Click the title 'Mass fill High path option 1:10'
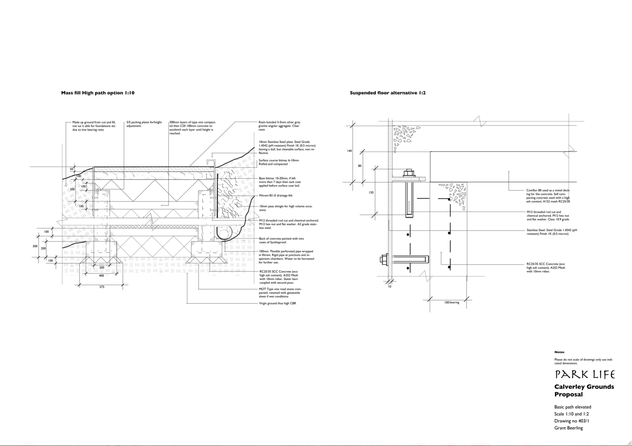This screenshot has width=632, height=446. pyautogui.click(x=97, y=93)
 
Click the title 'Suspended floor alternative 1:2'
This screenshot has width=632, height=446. pyautogui.click(x=387, y=93)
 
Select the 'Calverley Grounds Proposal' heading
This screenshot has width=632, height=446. pyautogui.click(x=584, y=391)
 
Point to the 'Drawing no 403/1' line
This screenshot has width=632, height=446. pyautogui.click(x=572, y=421)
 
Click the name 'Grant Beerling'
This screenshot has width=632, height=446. pyautogui.click(x=568, y=428)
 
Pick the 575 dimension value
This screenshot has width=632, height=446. pyautogui.click(x=101, y=287)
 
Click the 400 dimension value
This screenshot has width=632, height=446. pyautogui.click(x=101, y=275)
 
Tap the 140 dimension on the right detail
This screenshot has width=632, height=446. pyautogui.click(x=349, y=151)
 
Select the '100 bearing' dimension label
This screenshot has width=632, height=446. pyautogui.click(x=451, y=303)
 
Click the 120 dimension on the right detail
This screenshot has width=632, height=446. pyautogui.click(x=371, y=192)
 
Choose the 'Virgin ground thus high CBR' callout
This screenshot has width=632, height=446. pyautogui.click(x=277, y=303)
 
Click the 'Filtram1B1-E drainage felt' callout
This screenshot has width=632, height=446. pyautogui.click(x=275, y=196)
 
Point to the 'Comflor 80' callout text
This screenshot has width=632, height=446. pyautogui.click(x=548, y=196)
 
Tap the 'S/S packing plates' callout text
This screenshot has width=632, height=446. pyautogui.click(x=144, y=124)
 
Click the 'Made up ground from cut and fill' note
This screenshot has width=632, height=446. pyautogui.click(x=94, y=126)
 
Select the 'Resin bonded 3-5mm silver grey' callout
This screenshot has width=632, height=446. pyautogui.click(x=279, y=126)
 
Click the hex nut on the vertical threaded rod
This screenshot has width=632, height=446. pyautogui.click(x=408, y=173)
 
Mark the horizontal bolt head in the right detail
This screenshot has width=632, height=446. pyautogui.click(x=384, y=259)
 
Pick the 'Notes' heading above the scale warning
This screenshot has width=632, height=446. pyautogui.click(x=559, y=352)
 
